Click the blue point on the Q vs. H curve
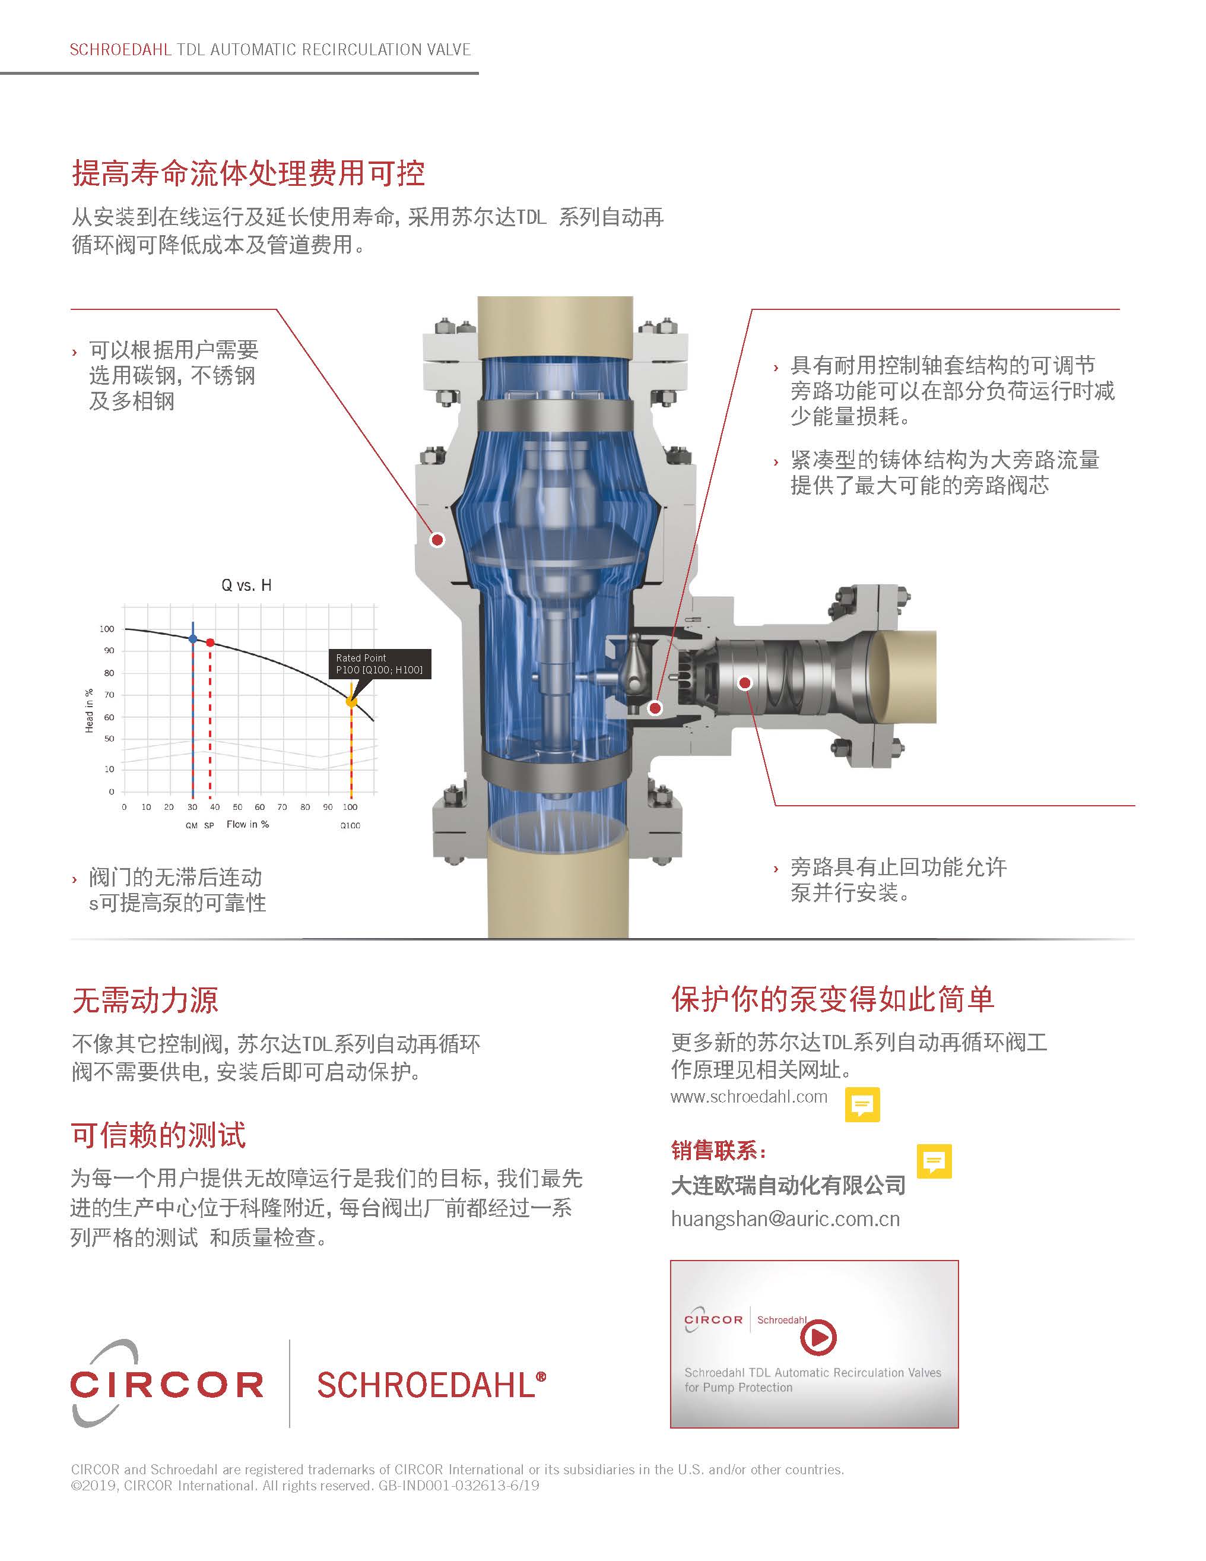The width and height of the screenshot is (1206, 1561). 193,638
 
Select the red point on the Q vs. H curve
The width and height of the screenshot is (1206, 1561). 210,642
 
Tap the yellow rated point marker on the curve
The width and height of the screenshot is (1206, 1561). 351,702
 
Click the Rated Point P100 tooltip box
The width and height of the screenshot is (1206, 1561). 379,664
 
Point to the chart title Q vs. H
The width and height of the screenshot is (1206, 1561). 246,585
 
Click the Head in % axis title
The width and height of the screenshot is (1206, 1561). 89,711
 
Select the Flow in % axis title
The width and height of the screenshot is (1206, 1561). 248,824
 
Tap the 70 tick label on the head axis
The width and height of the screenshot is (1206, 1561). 109,695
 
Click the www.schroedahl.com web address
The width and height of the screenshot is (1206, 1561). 749,1097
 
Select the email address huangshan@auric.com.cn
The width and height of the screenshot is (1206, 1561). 785,1220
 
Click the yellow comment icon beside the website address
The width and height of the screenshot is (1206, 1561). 862,1105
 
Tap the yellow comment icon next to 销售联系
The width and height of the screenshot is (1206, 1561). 935,1161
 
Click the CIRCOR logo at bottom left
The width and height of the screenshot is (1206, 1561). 167,1385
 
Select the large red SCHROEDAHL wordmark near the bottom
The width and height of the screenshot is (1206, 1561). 431,1385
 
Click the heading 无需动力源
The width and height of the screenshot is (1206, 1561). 145,1000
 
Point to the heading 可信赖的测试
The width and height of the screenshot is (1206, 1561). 158,1135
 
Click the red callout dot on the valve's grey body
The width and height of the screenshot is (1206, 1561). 437,540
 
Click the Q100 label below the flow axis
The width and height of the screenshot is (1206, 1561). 350,825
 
